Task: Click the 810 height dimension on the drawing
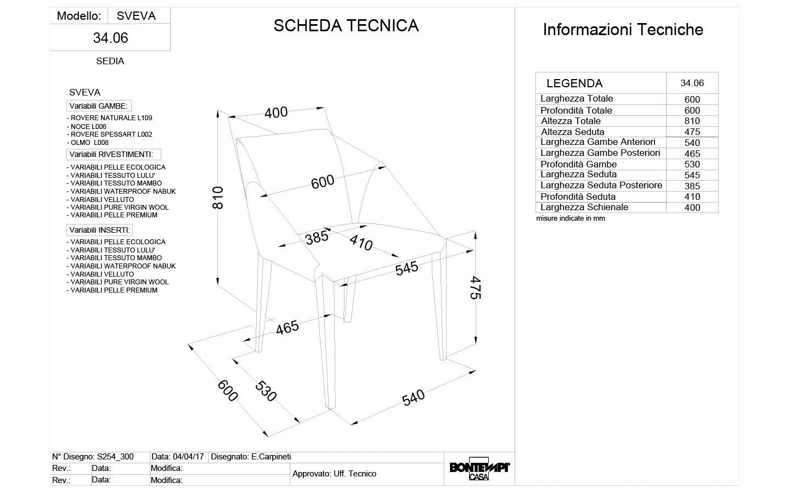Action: [218, 198]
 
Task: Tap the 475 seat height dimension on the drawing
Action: [475, 288]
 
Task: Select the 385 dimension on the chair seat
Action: [317, 238]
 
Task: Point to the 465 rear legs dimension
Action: [287, 328]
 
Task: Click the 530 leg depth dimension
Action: [266, 390]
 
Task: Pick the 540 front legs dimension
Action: [413, 397]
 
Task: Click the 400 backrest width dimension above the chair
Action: [276, 113]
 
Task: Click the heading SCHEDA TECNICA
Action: [346, 26]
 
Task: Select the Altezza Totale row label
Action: [571, 121]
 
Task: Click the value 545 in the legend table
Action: [692, 175]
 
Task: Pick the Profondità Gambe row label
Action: [578, 164]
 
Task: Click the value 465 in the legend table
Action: [692, 154]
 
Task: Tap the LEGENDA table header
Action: [574, 83]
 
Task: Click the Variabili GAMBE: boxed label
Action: [99, 106]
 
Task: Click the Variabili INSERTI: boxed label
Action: [99, 230]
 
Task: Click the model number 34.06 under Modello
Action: [110, 38]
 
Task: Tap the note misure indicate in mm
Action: [571, 218]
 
